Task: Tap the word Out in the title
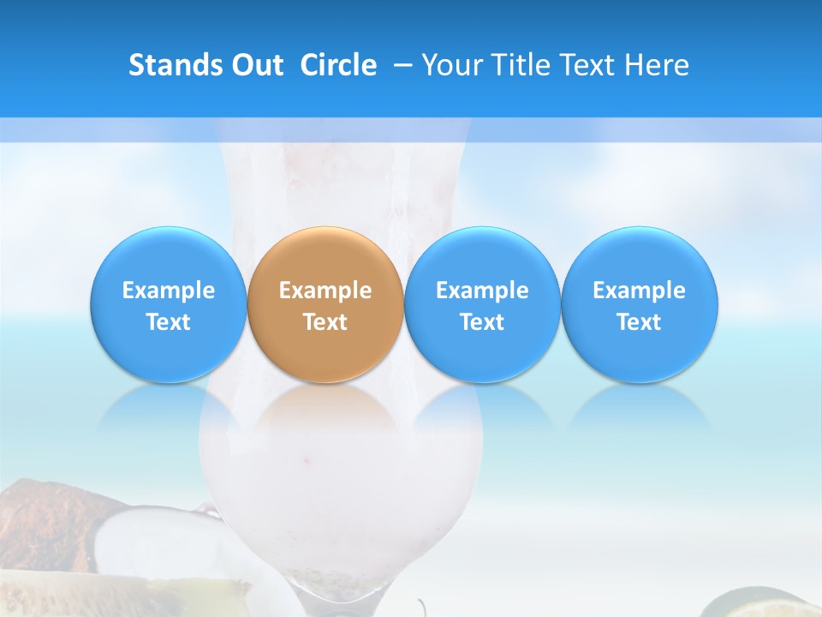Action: click(255, 65)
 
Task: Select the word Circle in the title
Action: click(338, 65)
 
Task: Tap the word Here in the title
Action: click(658, 65)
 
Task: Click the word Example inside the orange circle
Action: click(325, 291)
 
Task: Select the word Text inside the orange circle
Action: click(325, 322)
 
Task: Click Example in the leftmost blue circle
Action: click(169, 291)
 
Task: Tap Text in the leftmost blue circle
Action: click(169, 322)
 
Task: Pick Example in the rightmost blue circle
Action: click(639, 291)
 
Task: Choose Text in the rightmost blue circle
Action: click(639, 322)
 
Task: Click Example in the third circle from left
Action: click(482, 291)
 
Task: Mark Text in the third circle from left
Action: click(482, 322)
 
